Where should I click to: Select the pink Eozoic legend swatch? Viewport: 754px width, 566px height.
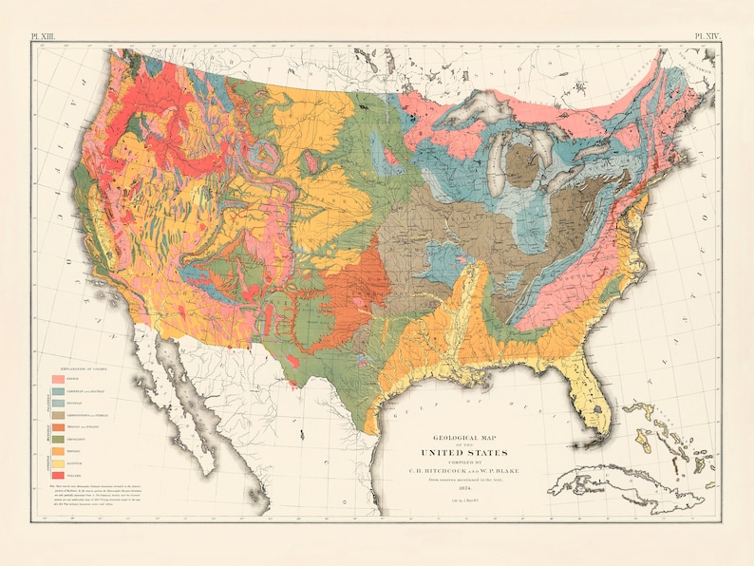(x=58, y=379)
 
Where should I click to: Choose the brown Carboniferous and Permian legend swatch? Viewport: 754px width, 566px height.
(x=58, y=414)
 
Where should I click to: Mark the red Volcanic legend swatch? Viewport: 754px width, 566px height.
(x=58, y=473)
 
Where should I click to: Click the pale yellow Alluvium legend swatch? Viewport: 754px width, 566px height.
(x=58, y=462)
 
